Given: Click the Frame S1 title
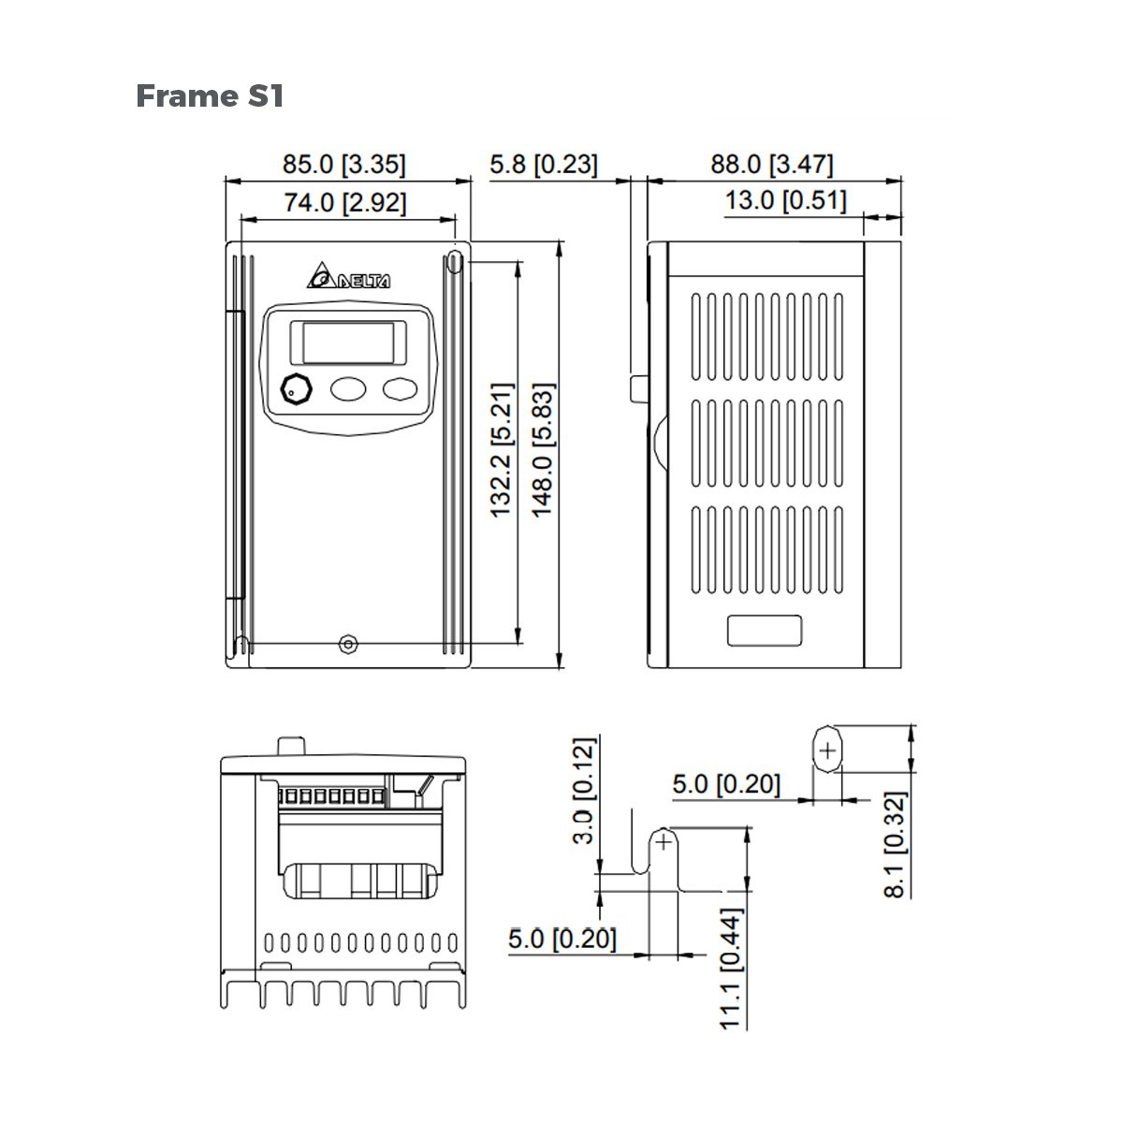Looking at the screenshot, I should (x=210, y=95).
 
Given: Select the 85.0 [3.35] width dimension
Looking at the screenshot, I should (x=344, y=165).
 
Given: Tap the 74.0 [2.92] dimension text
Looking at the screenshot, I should (x=345, y=202).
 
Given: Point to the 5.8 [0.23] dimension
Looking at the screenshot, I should (x=543, y=165).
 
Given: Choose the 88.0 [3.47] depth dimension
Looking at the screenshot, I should (x=771, y=165).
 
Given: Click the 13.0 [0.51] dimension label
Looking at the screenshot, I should (x=785, y=200).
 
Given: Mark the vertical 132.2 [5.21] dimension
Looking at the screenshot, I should (x=503, y=449).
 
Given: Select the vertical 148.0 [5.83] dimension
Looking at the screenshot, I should (x=543, y=449).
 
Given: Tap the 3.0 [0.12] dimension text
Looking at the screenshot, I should (x=583, y=791).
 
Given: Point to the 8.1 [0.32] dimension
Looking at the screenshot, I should (x=896, y=845).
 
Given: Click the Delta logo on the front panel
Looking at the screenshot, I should (x=348, y=279).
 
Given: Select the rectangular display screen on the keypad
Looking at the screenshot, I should (x=348, y=342).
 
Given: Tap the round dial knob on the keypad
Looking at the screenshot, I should (x=296, y=388).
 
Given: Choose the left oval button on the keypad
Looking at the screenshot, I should (x=348, y=388).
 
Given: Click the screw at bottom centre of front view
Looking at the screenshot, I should (x=348, y=644).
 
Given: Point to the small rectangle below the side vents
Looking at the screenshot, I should (x=765, y=630).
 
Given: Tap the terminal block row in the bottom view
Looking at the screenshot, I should (x=331, y=796).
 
